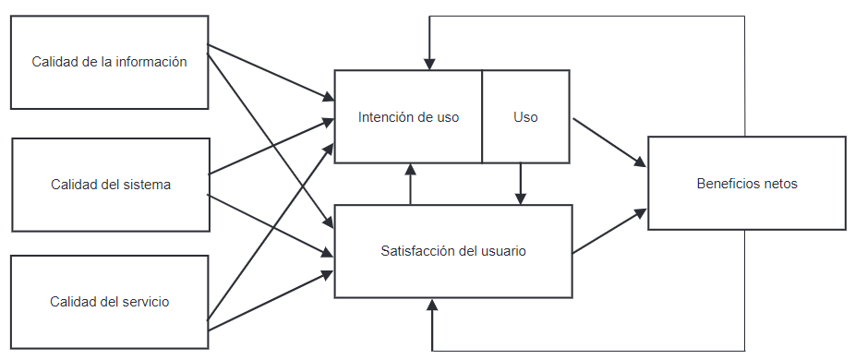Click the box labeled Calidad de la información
(109, 62)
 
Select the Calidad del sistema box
(111, 184)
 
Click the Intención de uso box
(408, 117)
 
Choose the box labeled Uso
(525, 117)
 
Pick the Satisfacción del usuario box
(452, 250)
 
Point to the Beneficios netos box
(746, 183)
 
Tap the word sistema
(147, 184)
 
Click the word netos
(779, 183)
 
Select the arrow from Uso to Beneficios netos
(608, 141)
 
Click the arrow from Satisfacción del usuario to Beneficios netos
(608, 232)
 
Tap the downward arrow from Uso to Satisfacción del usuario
(521, 184)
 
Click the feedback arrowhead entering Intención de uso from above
(429, 62)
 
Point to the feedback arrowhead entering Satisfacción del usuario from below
(431, 306)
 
